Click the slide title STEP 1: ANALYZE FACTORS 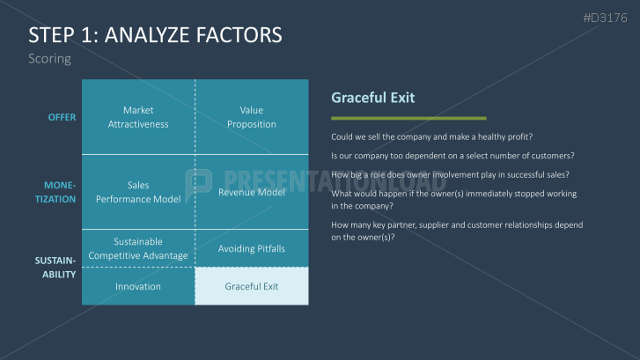[x=155, y=34]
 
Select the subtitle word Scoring [x=49, y=59]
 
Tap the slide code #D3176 [x=605, y=18]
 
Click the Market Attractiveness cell [x=138, y=117]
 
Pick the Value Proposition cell [x=252, y=117]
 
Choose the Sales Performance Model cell [x=138, y=192]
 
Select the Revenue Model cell [x=252, y=192]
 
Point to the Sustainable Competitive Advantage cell [x=138, y=248]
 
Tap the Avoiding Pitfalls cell [x=252, y=248]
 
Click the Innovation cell [x=138, y=286]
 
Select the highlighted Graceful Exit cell [x=252, y=286]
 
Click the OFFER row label [x=62, y=117]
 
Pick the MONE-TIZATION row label [x=55, y=192]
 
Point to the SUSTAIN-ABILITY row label [x=55, y=268]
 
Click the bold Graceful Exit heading [x=373, y=98]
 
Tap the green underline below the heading [x=408, y=118]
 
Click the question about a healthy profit [x=432, y=136]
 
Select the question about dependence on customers [x=452, y=156]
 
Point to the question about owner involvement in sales [x=450, y=174]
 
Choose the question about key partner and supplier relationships [x=457, y=231]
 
